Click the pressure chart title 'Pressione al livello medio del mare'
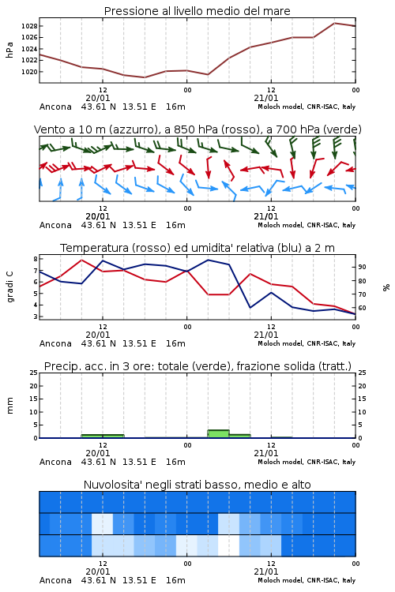(197, 11)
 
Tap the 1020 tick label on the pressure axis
(29, 72)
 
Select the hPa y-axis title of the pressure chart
(9, 51)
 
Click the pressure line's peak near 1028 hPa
(334, 23)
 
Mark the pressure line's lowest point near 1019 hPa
(144, 77)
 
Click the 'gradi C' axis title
(9, 287)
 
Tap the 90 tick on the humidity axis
(362, 267)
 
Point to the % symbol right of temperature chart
(386, 287)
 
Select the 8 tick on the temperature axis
(36, 259)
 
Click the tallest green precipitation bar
(219, 434)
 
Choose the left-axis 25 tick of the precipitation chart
(34, 373)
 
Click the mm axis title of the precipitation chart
(9, 406)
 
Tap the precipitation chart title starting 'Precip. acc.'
(197, 366)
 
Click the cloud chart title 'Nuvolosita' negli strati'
(197, 485)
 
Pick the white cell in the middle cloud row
(102, 523)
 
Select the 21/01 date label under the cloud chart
(265, 571)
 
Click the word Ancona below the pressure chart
(55, 107)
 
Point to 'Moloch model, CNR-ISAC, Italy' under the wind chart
(307, 225)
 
